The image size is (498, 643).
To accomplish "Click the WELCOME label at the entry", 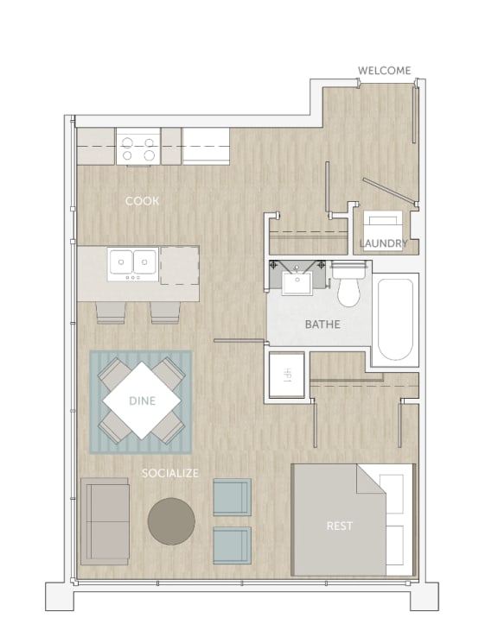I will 384,70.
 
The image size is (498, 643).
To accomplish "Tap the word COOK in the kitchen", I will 142,201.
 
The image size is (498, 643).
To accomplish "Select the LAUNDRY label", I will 383,243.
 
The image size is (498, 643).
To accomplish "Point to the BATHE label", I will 322,325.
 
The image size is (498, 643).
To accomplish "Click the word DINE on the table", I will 142,400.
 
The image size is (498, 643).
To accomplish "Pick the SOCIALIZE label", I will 170,473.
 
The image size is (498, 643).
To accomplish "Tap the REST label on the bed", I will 340,526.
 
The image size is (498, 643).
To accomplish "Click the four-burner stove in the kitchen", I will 138,147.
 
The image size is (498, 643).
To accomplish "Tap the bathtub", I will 396,319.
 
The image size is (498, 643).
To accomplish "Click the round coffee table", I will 171,520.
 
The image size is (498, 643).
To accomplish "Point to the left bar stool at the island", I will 111,312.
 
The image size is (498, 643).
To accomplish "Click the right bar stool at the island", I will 164,312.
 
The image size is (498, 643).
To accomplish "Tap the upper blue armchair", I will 232,497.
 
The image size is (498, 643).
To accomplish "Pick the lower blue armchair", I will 232,545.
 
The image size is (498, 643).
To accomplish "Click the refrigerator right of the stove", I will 206,146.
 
